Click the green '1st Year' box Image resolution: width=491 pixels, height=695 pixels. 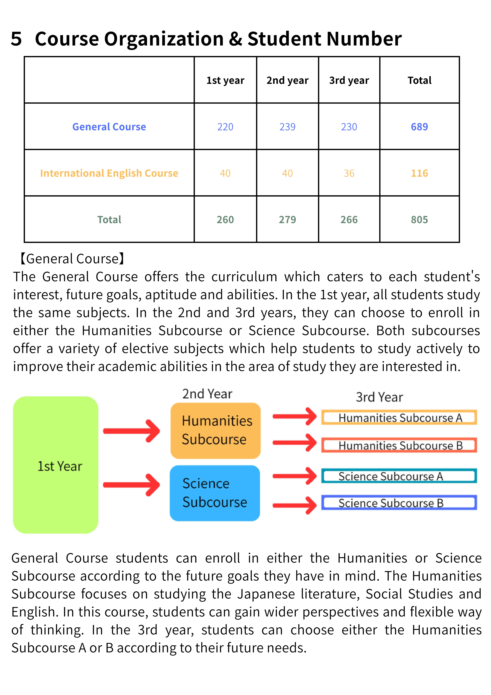56,465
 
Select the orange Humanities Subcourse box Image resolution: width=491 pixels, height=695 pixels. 215,430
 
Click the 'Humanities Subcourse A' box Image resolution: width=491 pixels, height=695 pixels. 399,417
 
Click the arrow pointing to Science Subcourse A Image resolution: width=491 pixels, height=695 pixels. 294,476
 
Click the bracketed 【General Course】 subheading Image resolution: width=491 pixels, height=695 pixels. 72,259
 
